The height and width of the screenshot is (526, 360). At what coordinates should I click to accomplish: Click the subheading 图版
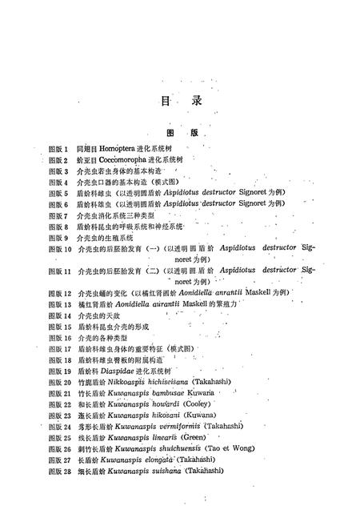[x=181, y=133]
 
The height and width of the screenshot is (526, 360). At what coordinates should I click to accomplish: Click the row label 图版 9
[x=58, y=238]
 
